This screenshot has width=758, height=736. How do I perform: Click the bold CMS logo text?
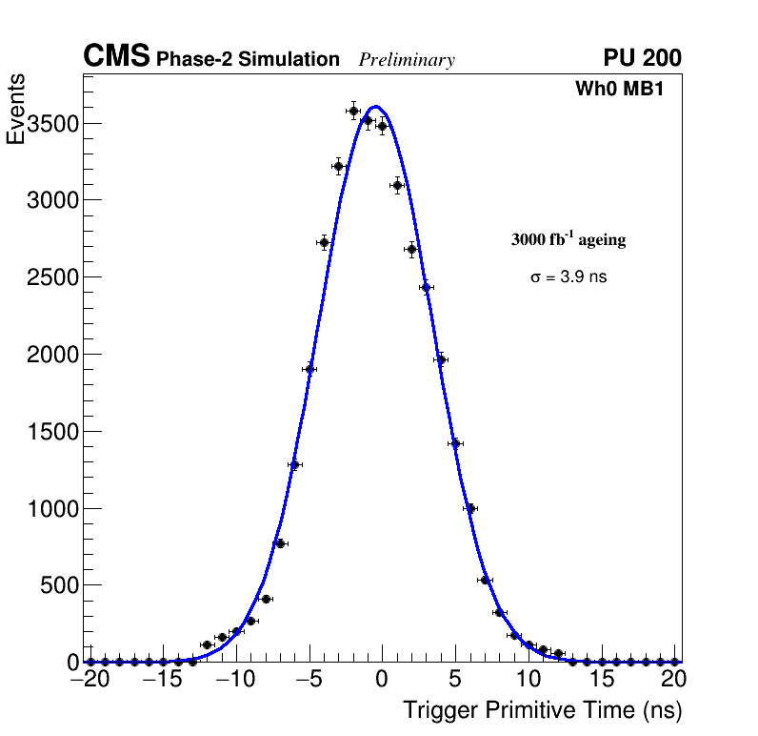[x=116, y=57]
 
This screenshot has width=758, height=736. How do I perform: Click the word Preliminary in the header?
[x=407, y=60]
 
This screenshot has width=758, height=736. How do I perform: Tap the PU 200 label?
[x=642, y=58]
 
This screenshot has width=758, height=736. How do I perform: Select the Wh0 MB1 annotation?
[x=618, y=90]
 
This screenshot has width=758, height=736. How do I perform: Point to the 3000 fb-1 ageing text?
[x=568, y=239]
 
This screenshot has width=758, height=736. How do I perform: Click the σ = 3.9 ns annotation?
[x=568, y=277]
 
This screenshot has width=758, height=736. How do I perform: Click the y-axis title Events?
[x=16, y=111]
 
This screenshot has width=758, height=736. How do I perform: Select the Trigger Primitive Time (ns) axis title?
[x=542, y=710]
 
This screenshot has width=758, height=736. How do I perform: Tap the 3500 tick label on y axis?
[x=51, y=124]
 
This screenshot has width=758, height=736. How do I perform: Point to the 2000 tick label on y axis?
[x=51, y=355]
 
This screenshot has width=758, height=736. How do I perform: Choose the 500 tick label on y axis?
[x=58, y=585]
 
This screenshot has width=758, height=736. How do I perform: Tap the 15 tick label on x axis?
[x=602, y=680]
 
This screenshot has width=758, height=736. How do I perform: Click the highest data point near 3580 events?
[x=353, y=111]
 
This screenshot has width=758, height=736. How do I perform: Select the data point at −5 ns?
[x=309, y=369]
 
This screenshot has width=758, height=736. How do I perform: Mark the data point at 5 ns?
[x=456, y=443]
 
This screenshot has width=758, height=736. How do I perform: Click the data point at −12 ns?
[x=207, y=645]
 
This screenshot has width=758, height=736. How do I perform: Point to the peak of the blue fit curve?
[x=375, y=107]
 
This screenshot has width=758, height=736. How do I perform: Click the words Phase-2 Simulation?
[x=248, y=60]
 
